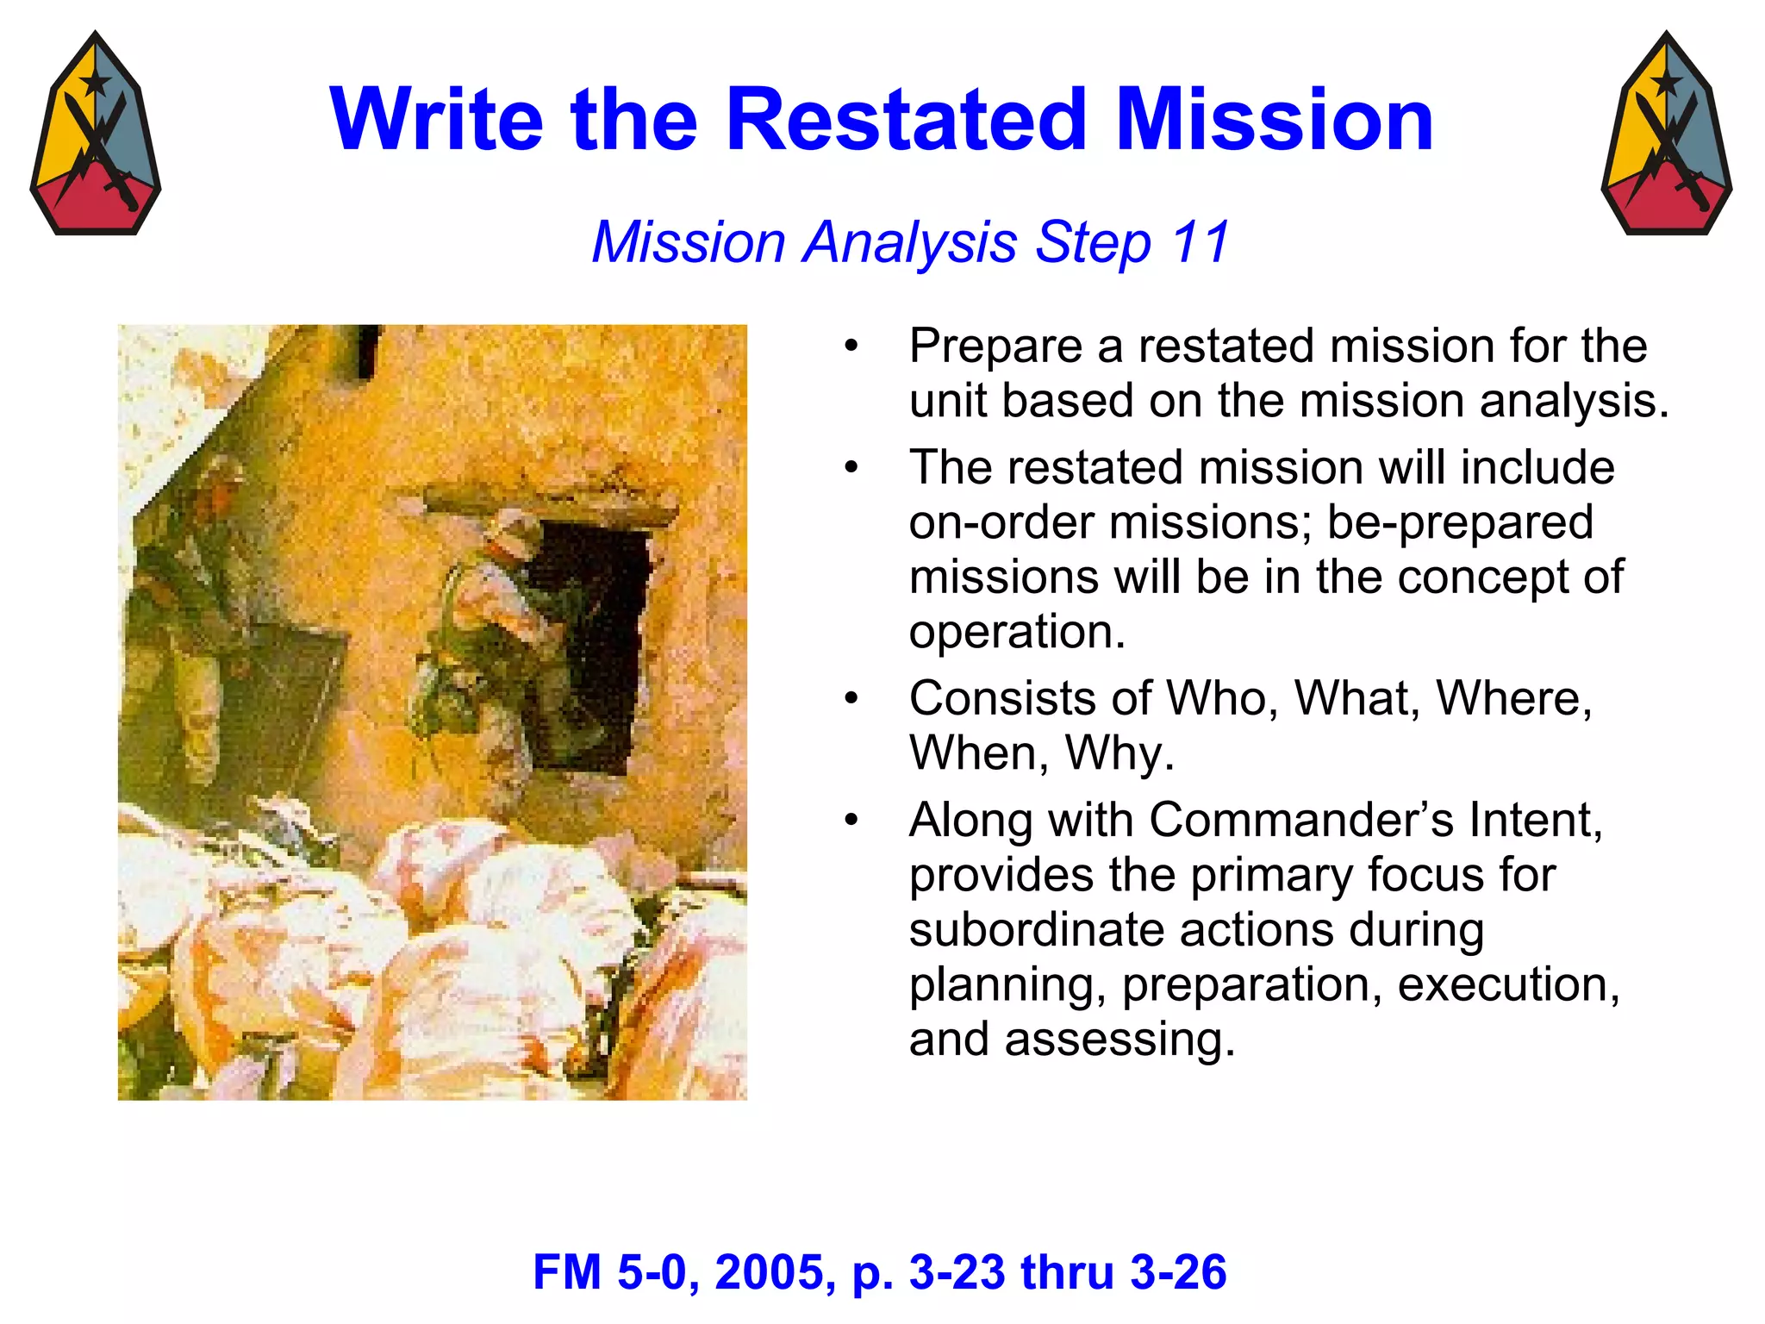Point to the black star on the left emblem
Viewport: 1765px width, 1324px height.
point(94,83)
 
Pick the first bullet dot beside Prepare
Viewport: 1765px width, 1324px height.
point(851,347)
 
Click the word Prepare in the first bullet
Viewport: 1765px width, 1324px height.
point(995,347)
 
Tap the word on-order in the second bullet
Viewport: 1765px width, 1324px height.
point(1001,522)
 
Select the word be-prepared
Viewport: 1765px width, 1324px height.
point(1460,522)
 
